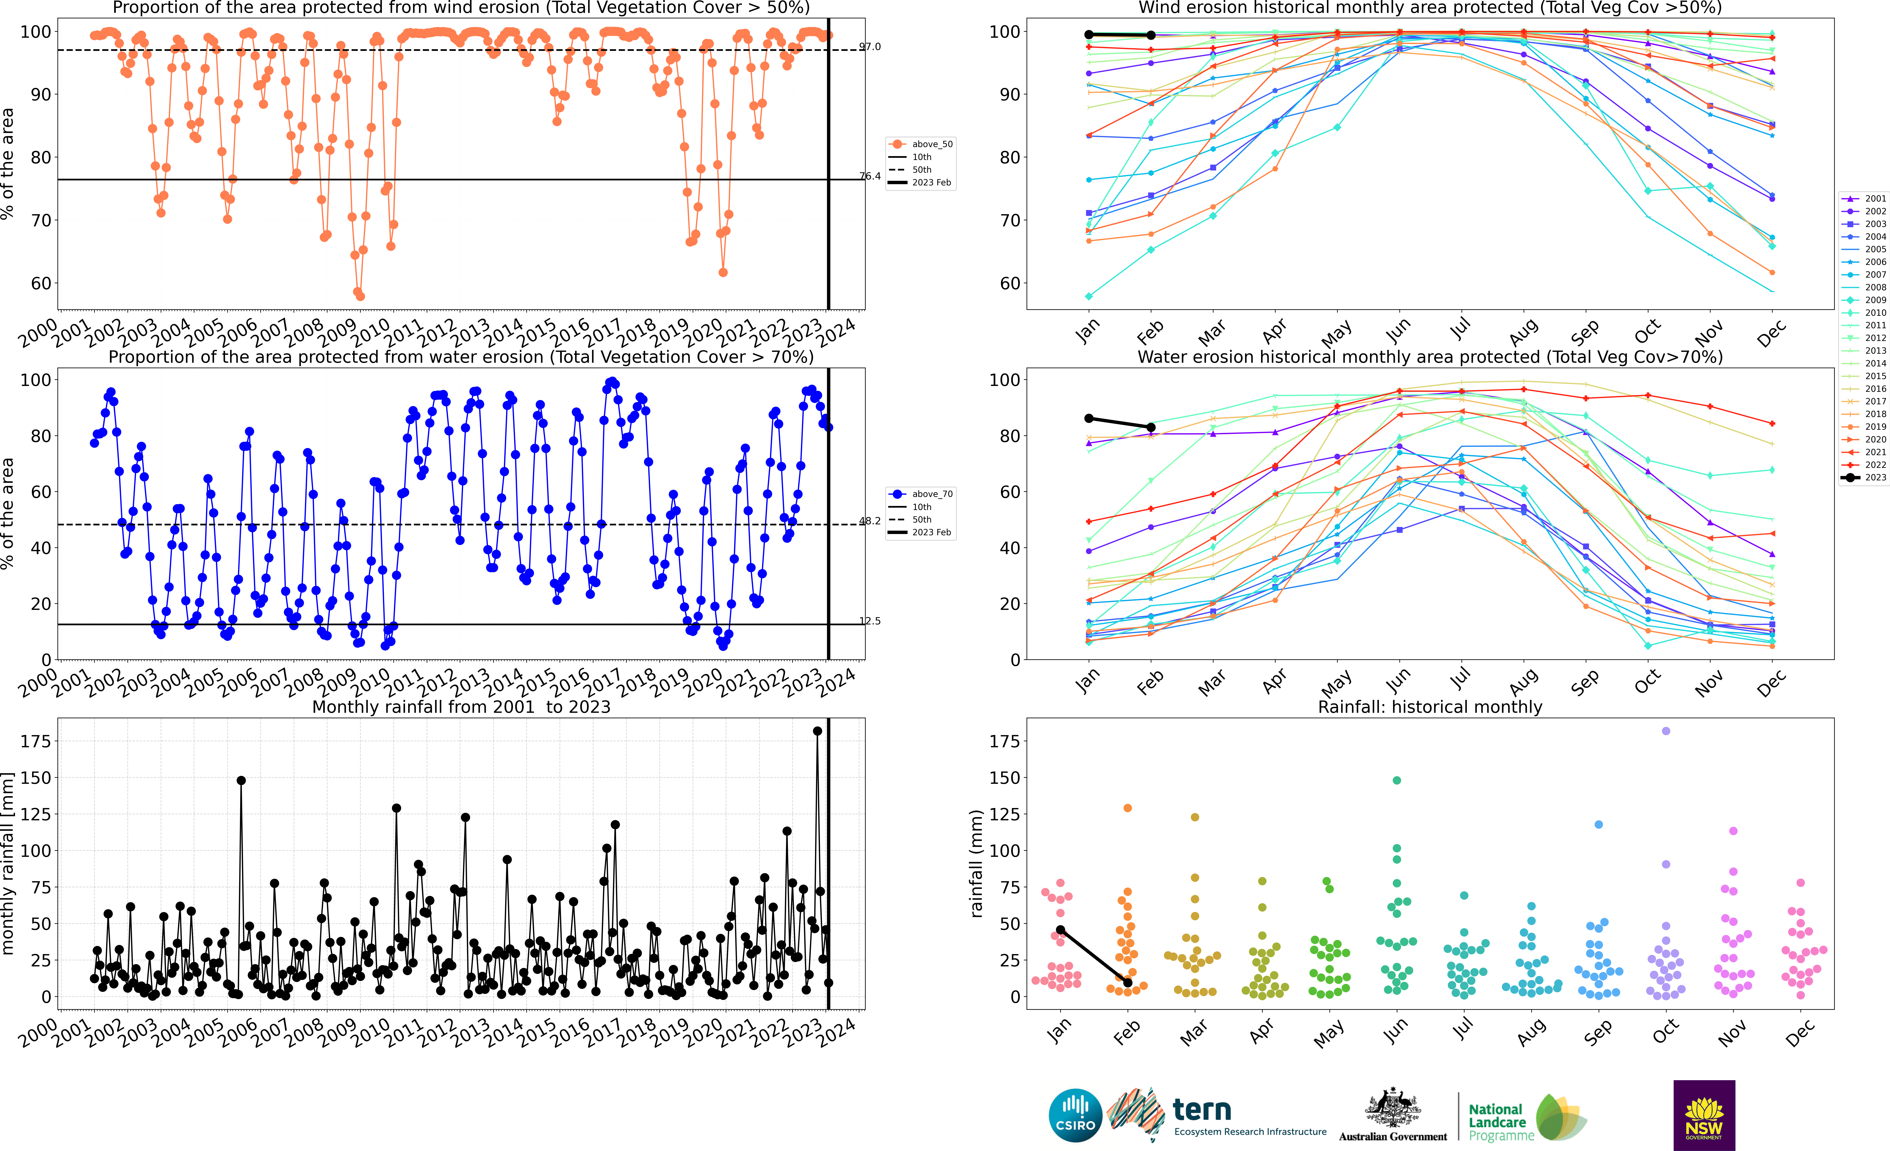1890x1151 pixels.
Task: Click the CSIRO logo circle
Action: click(x=1075, y=1115)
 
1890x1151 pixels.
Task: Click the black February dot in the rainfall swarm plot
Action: click(x=1128, y=982)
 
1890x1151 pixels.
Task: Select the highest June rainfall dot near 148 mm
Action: click(x=1397, y=780)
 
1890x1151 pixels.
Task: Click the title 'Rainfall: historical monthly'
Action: click(x=1430, y=707)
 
